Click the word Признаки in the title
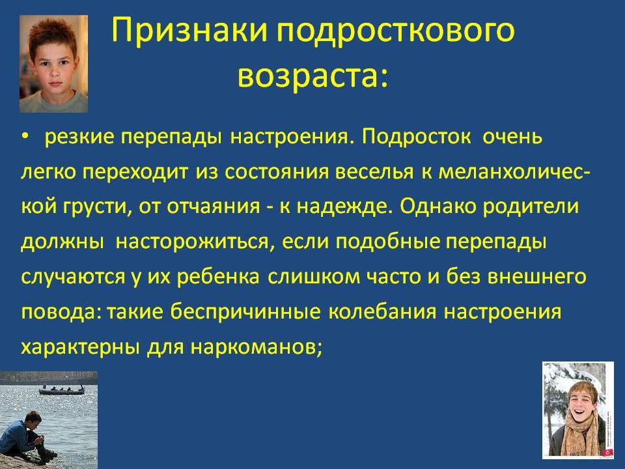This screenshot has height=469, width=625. tap(189, 31)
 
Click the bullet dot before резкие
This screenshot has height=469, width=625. tap(25, 137)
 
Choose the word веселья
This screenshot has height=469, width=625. tap(374, 172)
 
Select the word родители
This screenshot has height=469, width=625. tap(531, 206)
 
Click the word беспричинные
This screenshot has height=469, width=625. tap(245, 311)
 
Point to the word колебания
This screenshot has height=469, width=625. tap(382, 311)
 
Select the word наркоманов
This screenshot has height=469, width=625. tap(255, 347)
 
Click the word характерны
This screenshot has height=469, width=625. tap(80, 347)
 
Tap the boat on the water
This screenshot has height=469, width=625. tap(62, 390)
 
